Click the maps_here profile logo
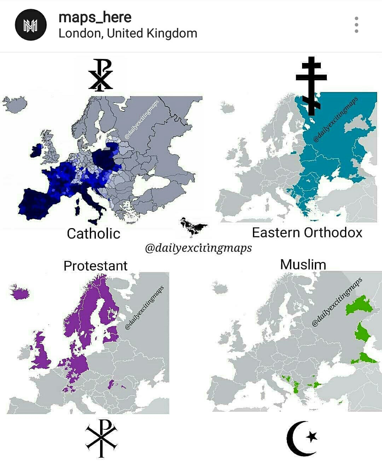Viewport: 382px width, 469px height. point(31,25)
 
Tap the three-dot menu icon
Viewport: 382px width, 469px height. point(356,25)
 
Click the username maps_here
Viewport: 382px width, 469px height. point(95,17)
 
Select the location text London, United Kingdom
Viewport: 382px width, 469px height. point(128,33)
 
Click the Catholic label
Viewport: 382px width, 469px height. point(94,233)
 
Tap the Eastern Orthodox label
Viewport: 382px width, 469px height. point(307,232)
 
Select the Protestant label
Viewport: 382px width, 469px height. point(95,266)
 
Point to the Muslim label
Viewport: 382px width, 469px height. point(303,265)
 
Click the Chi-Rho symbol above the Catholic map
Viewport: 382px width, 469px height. point(101,75)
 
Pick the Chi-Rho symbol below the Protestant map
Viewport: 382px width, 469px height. point(102,438)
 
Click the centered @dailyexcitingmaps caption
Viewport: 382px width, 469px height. point(198,248)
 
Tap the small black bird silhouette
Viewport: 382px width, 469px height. point(193,226)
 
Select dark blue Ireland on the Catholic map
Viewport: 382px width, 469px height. point(35,151)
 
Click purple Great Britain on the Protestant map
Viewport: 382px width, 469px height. point(42,354)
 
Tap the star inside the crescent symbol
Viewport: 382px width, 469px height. point(312,436)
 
